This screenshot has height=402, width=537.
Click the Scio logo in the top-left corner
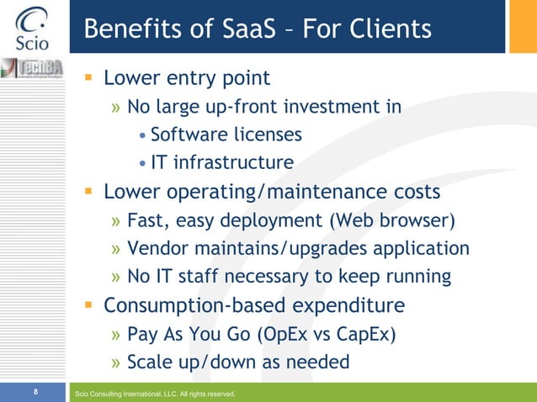31,27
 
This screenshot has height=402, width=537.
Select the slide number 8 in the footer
35,392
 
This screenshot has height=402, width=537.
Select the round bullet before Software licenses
143,135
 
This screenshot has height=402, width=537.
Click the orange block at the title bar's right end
520,26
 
